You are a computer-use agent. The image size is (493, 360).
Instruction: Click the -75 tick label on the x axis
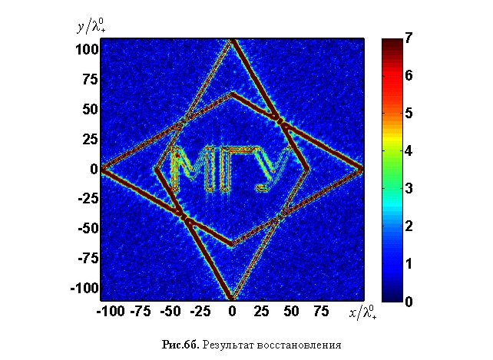pyautogui.click(x=141, y=313)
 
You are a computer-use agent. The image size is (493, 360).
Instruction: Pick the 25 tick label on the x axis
pyautogui.click(x=261, y=313)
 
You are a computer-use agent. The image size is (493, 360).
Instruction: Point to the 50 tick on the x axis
pyautogui.click(x=291, y=313)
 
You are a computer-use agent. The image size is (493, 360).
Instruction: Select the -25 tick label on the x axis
pyautogui.click(x=201, y=313)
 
